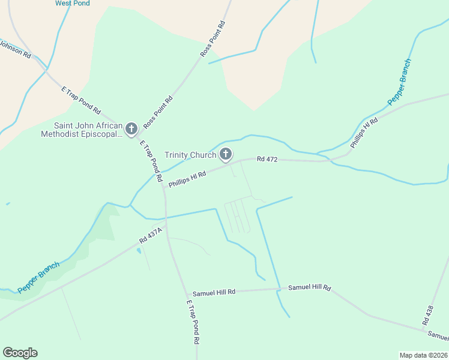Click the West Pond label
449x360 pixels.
73,3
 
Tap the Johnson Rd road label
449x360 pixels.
14,49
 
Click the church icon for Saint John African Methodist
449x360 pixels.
131,128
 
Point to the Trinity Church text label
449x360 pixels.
190,155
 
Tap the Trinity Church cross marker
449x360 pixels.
226,154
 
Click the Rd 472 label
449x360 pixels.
267,159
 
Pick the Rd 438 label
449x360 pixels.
429,316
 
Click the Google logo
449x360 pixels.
20,353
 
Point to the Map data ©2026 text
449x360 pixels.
423,355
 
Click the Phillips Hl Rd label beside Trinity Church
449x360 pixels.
187,179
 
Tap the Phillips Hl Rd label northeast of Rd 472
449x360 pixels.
364,133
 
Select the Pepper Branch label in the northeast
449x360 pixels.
399,82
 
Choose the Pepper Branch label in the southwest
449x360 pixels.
38,277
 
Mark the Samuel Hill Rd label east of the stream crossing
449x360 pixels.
309,287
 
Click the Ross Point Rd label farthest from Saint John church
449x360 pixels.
212,39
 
